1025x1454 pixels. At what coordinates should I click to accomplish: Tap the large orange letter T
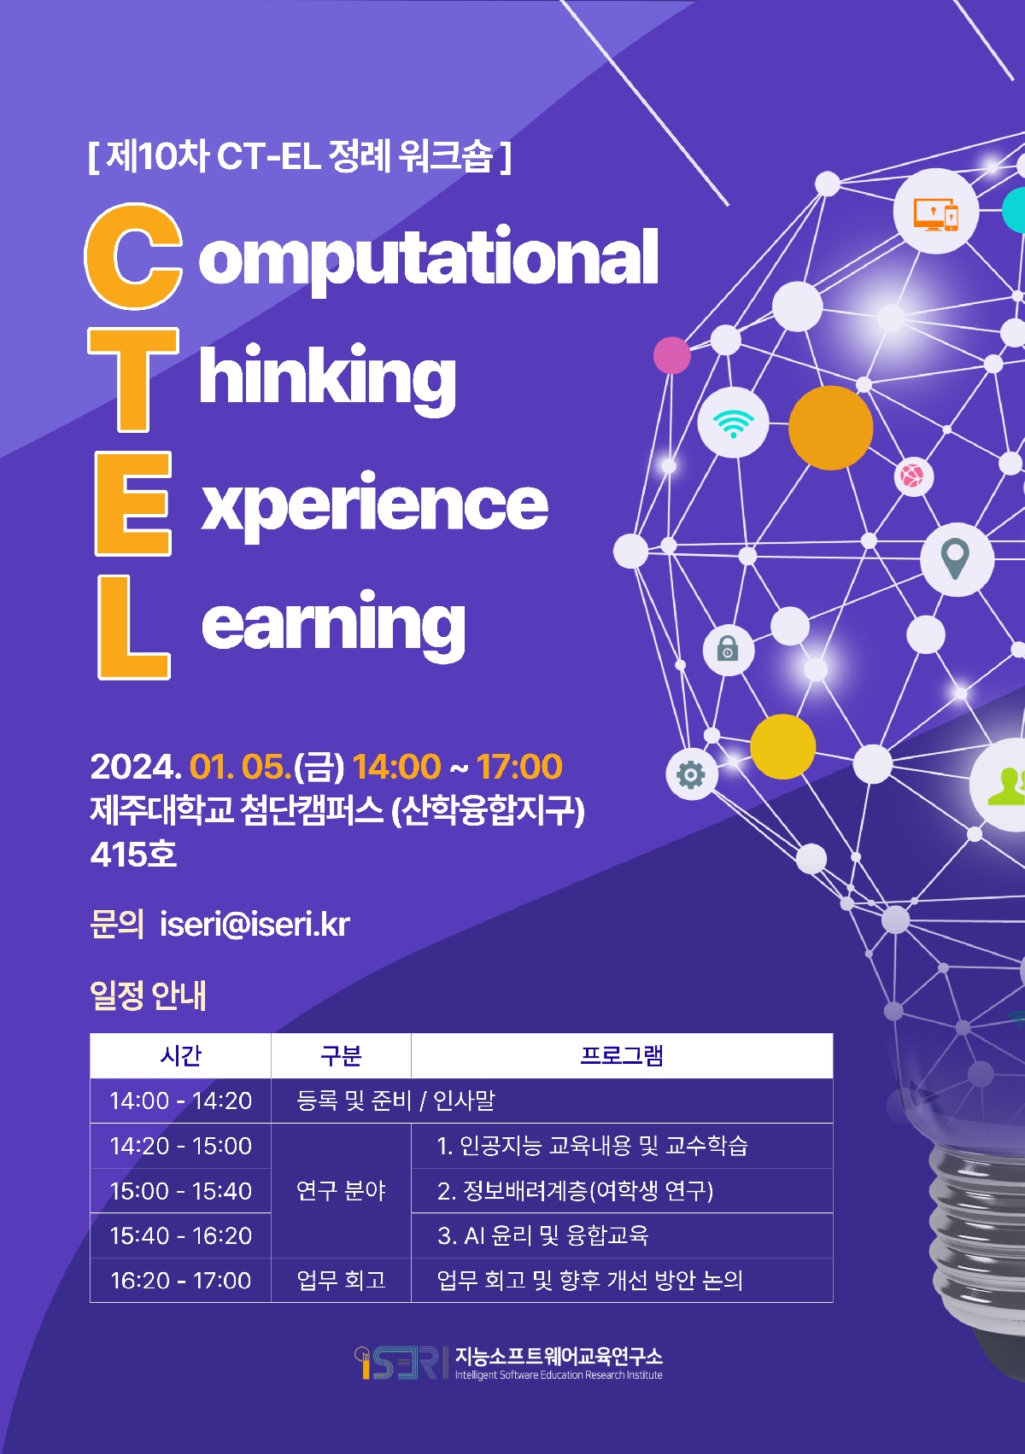click(x=133, y=380)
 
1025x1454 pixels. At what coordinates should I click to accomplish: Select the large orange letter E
click(x=133, y=504)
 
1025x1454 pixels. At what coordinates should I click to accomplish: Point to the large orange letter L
click(x=134, y=628)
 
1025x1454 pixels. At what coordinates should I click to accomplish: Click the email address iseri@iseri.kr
click(x=255, y=924)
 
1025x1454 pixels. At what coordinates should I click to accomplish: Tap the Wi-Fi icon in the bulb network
click(x=733, y=423)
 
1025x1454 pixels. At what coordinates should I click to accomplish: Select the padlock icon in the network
click(x=728, y=649)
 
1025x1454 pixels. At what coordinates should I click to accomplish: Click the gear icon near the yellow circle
click(x=690, y=774)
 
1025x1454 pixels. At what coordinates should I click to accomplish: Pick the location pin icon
click(x=955, y=558)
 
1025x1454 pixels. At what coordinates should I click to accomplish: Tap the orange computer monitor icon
click(x=935, y=214)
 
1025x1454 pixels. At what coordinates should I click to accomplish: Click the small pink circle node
click(x=671, y=355)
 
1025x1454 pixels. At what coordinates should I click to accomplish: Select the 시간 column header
click(x=180, y=1056)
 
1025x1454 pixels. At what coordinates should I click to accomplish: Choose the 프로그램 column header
click(x=622, y=1056)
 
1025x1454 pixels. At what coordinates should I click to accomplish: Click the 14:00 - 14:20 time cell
click(x=180, y=1101)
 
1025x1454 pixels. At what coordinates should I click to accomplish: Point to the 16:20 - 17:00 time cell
click(x=180, y=1281)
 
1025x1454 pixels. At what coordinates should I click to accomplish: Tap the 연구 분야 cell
click(x=341, y=1190)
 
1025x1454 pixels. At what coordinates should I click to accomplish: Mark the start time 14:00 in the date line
click(x=397, y=767)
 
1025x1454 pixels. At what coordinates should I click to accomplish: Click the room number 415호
click(x=133, y=855)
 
